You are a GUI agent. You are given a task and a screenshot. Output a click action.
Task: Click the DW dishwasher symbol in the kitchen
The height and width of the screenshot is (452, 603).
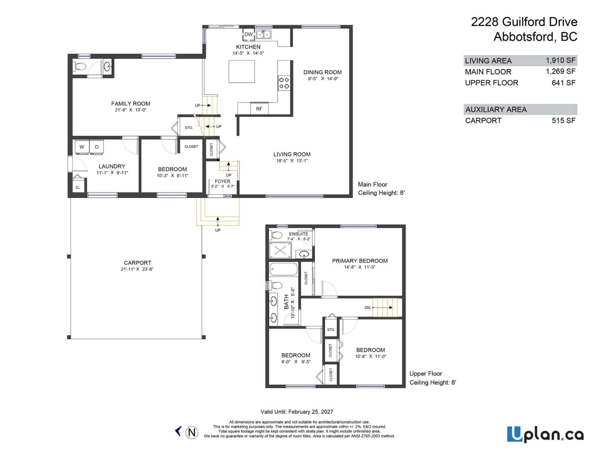tap(248, 35)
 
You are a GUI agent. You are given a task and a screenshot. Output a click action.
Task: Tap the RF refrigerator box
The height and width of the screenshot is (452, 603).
tap(259, 109)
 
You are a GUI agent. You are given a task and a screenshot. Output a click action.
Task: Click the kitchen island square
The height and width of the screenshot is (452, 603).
tap(242, 71)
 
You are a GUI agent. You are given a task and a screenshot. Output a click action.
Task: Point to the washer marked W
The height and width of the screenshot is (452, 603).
tap(82, 147)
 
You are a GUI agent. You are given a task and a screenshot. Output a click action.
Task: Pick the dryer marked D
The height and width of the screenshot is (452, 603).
tap(97, 147)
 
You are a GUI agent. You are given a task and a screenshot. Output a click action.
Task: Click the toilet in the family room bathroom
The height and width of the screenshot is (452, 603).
tap(80, 66)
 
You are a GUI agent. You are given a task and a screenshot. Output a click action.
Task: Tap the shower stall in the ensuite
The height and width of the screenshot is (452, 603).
tap(280, 250)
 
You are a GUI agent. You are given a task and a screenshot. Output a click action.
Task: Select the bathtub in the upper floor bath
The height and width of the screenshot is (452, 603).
tap(283, 269)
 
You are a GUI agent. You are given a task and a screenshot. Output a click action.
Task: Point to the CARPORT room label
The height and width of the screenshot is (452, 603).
tap(137, 263)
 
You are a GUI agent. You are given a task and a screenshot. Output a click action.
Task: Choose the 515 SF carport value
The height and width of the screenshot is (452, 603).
tap(563, 120)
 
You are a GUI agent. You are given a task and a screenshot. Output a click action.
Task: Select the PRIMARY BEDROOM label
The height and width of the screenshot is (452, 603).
tap(360, 261)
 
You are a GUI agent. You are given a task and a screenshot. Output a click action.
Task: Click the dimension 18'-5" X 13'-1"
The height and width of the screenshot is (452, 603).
tap(292, 161)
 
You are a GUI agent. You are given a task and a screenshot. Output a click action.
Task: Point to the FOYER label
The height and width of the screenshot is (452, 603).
tap(223, 181)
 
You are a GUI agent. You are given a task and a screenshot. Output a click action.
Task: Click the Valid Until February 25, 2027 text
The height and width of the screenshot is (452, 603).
tap(297, 412)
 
